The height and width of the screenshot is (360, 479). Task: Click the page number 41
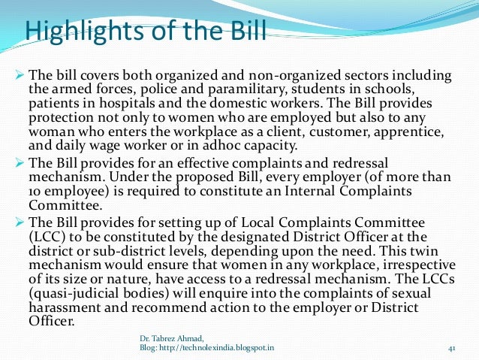(x=452, y=348)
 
